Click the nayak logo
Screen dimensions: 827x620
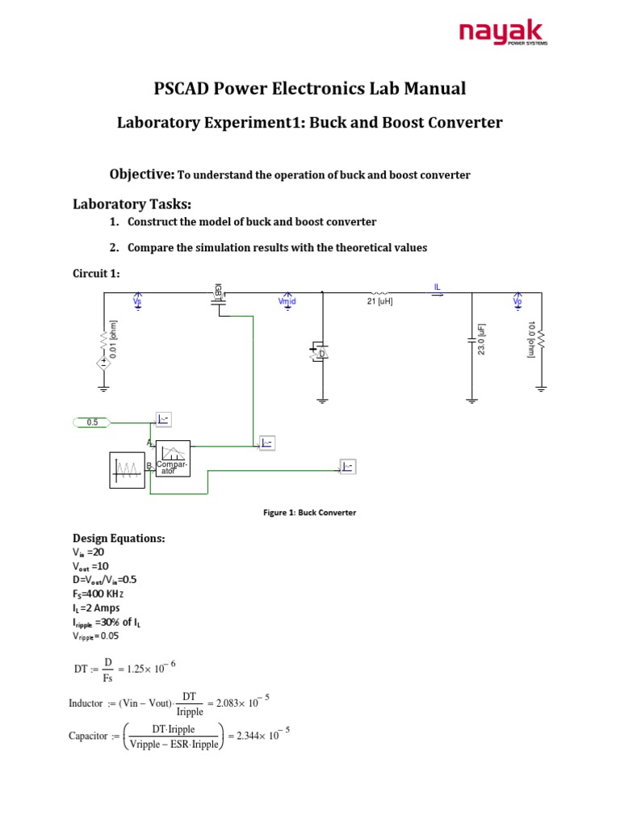[503, 33]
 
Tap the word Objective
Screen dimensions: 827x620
[141, 174]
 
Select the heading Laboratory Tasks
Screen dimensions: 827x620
[132, 204]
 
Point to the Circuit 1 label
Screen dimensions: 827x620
[96, 274]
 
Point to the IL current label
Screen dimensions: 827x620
[438, 286]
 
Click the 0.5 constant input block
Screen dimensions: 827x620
[92, 422]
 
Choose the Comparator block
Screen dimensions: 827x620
[173, 459]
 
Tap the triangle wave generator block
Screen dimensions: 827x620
[127, 470]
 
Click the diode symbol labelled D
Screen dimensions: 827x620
[319, 353]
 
